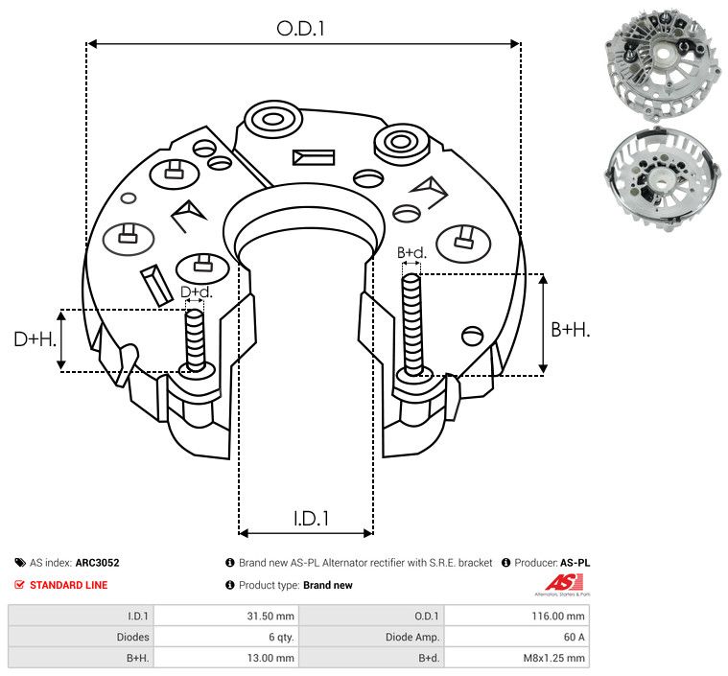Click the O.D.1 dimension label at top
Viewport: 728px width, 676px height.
[301, 29]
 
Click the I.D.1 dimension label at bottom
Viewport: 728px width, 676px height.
[311, 518]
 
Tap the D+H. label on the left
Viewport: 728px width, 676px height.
[35, 339]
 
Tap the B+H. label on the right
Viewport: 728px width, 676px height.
[571, 329]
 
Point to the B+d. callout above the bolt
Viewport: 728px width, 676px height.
[411, 253]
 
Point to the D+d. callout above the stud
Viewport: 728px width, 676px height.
[195, 291]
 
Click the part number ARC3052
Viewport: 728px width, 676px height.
[97, 563]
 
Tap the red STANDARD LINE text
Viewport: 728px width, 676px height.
[68, 585]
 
